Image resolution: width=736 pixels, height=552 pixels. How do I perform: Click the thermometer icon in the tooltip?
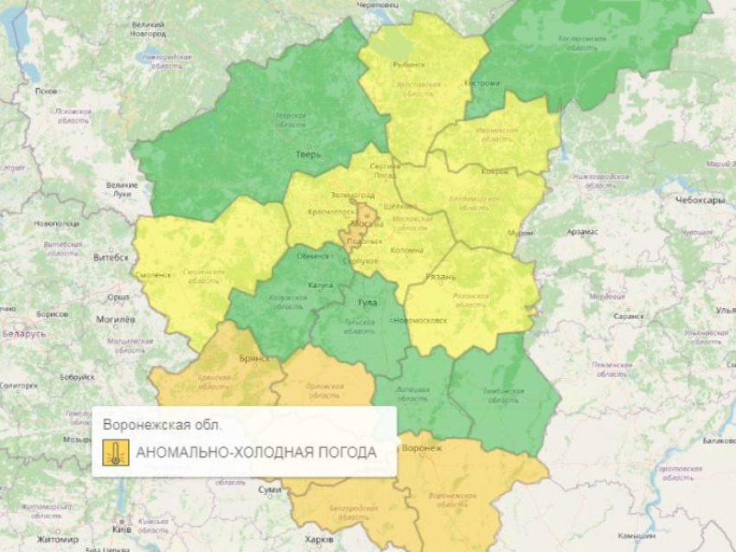pyautogui.click(x=113, y=453)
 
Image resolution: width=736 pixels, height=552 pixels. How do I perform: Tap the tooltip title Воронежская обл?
pyautogui.click(x=162, y=425)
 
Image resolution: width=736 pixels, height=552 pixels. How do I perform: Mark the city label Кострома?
pyautogui.click(x=482, y=83)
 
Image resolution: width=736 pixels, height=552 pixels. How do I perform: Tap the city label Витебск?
pyautogui.click(x=111, y=257)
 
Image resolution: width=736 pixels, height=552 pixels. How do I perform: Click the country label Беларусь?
pyautogui.click(x=25, y=332)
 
